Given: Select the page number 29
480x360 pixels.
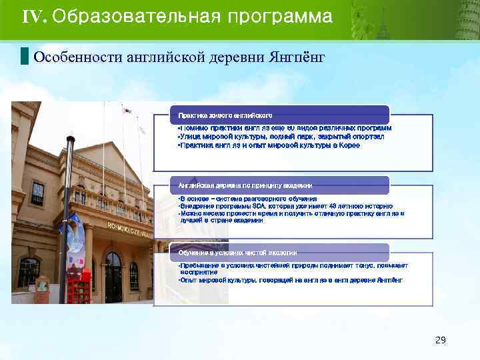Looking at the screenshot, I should tap(440, 341).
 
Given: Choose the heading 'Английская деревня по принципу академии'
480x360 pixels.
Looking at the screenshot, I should tap(245, 185).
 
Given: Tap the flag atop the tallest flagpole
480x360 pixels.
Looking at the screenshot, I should tap(126, 111).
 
